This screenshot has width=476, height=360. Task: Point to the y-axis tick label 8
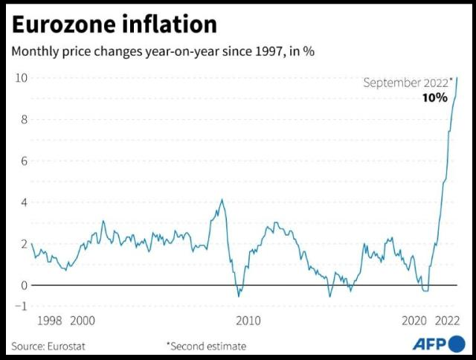point(24,119)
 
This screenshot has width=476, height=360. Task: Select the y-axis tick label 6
point(24,161)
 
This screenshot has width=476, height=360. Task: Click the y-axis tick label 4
point(24,202)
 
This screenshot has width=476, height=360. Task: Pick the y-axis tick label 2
point(24,244)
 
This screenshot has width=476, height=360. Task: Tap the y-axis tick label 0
point(24,285)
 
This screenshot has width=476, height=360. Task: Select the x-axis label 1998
point(49,321)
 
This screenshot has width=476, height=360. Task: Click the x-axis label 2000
point(83,321)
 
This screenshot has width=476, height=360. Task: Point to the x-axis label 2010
point(248,321)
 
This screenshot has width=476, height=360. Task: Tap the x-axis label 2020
point(414,321)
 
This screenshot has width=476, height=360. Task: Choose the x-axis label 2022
point(448,321)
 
